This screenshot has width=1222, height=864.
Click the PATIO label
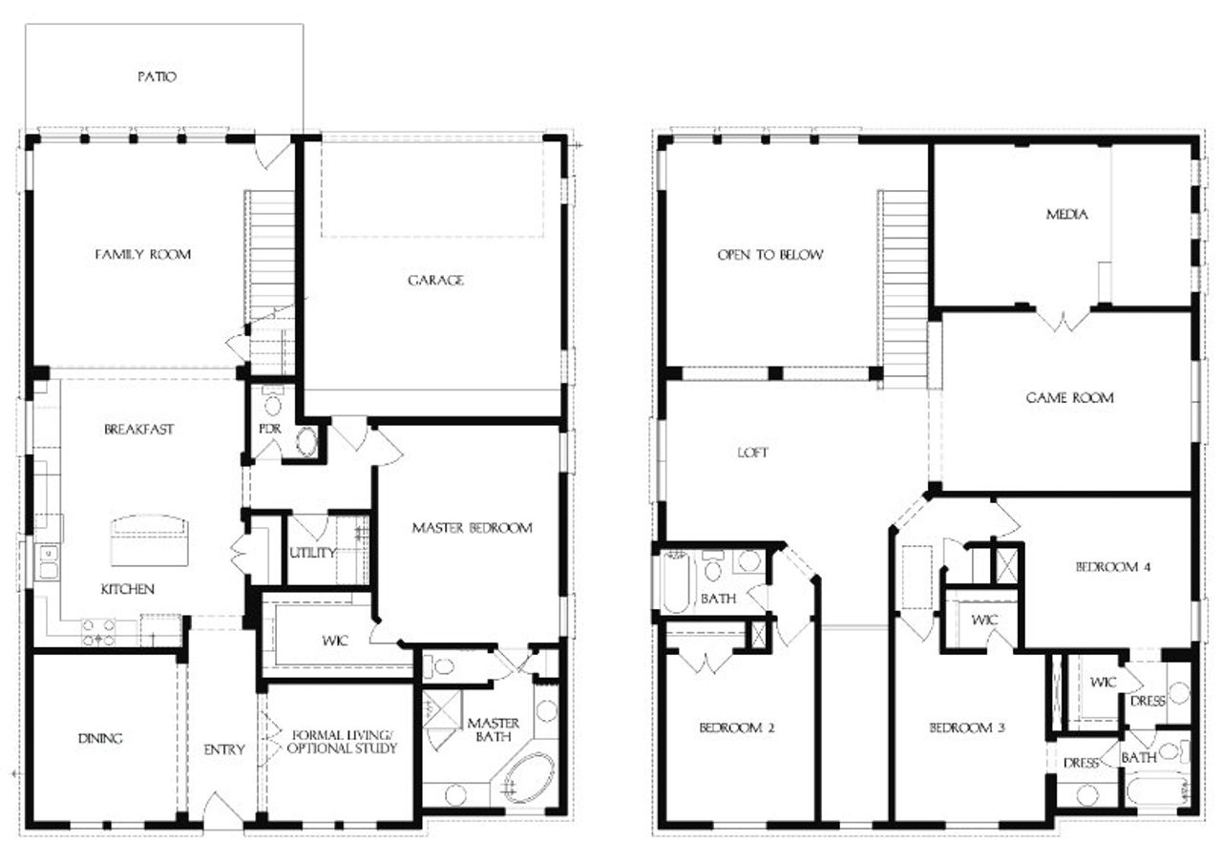pyautogui.click(x=156, y=76)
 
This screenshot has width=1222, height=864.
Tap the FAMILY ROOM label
pyautogui.click(x=143, y=254)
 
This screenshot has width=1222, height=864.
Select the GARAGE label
pyautogui.click(x=435, y=280)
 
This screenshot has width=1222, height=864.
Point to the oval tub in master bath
pyautogui.click(x=528, y=777)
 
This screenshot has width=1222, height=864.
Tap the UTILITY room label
pyautogui.click(x=312, y=553)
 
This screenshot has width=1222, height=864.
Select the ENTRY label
pyautogui.click(x=224, y=749)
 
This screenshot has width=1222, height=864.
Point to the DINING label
pyautogui.click(x=100, y=738)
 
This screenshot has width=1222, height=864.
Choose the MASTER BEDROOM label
pyautogui.click(x=472, y=527)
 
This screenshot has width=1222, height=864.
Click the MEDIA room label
pyautogui.click(x=1066, y=214)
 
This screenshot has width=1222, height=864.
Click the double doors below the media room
pyautogui.click(x=1063, y=319)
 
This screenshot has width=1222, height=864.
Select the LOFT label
pyautogui.click(x=752, y=453)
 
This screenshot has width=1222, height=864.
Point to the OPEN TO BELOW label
pyautogui.click(x=770, y=255)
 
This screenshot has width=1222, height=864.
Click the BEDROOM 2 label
pyautogui.click(x=736, y=727)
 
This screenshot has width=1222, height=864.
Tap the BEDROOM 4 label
pyautogui.click(x=1112, y=566)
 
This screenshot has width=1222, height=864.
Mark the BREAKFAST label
pyautogui.click(x=139, y=430)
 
